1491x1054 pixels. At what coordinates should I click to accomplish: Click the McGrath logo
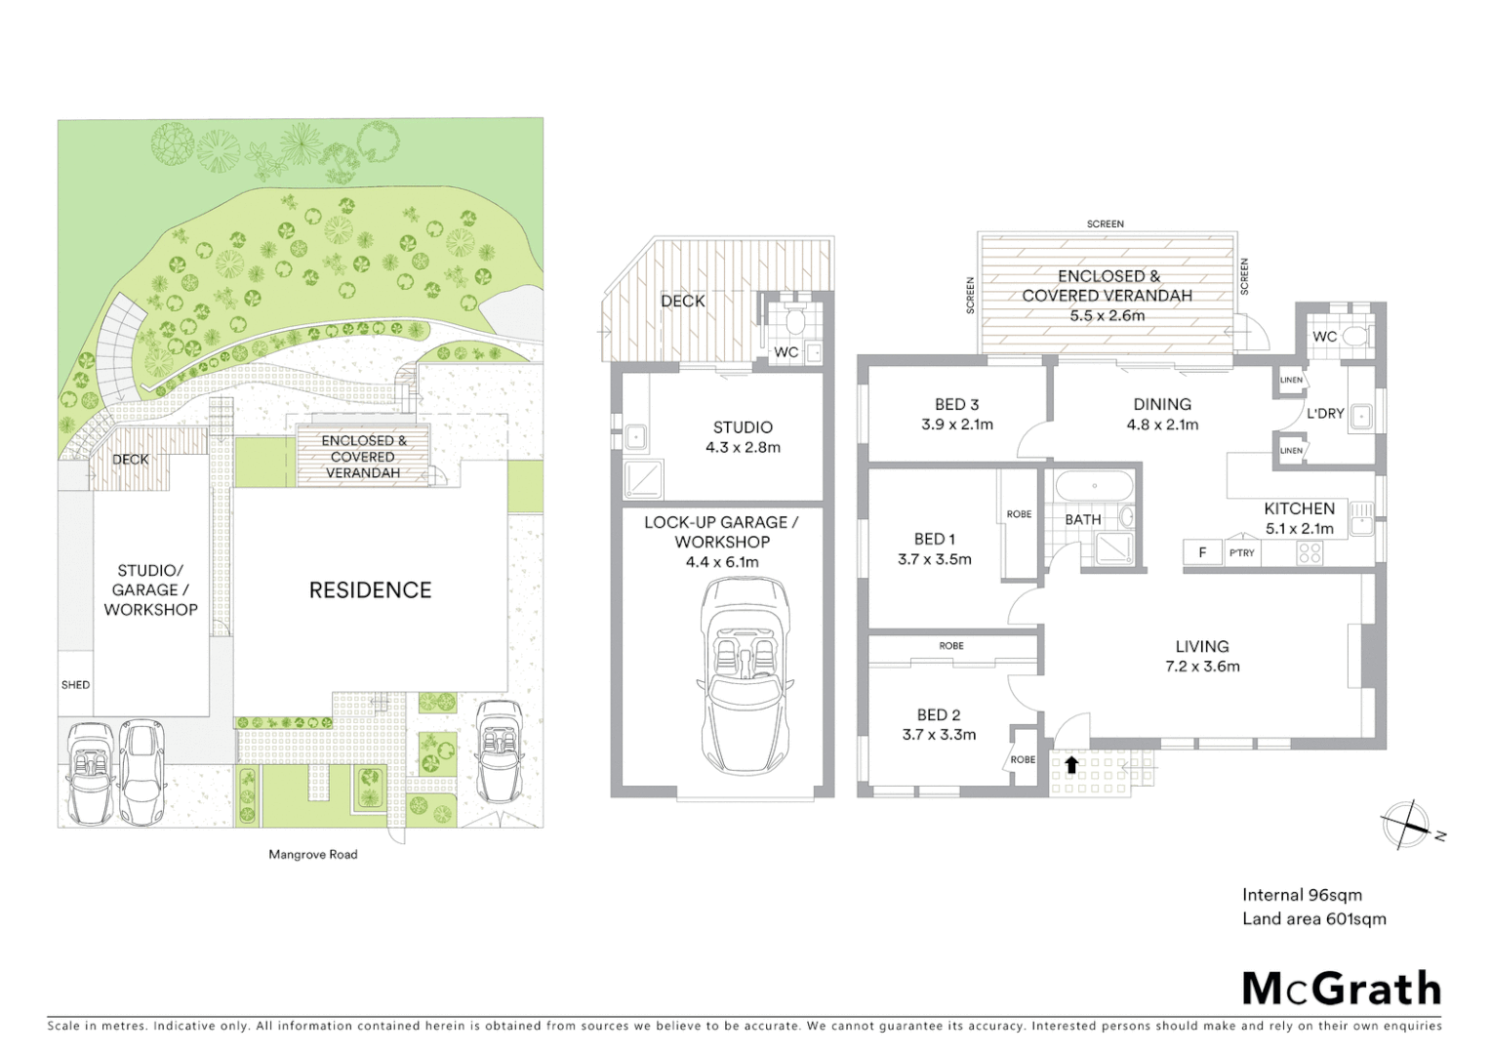click(1341, 989)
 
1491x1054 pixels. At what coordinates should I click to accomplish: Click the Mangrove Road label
click(313, 854)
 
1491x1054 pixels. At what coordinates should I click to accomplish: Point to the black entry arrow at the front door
click(1071, 764)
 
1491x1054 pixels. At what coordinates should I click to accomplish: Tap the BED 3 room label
click(956, 404)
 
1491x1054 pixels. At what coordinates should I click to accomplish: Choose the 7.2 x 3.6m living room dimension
click(1201, 667)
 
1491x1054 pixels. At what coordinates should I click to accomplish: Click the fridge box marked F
click(1202, 552)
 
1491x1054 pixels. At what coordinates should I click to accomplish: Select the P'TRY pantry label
click(1242, 552)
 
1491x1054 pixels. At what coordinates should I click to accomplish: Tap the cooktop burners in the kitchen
click(1310, 553)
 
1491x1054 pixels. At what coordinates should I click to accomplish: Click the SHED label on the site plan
click(75, 684)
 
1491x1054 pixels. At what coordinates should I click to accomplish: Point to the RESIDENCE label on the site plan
click(370, 589)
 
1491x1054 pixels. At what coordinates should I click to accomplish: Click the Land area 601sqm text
click(1313, 918)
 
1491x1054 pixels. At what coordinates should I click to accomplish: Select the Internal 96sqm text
click(1302, 895)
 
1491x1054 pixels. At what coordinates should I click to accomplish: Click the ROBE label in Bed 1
click(1019, 514)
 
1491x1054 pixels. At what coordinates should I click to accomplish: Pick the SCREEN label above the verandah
click(1106, 223)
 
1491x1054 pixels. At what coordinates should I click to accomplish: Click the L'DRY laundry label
click(1325, 414)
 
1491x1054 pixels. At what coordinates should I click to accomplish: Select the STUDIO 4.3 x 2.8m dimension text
click(743, 448)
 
